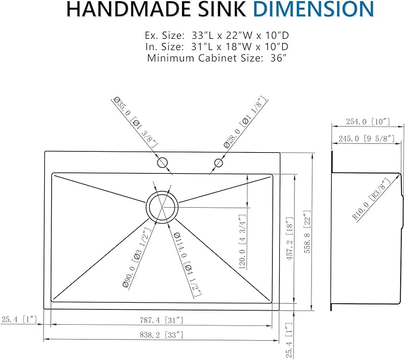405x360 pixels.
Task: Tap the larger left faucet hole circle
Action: coord(162,162)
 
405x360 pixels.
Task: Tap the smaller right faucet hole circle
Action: coord(219,162)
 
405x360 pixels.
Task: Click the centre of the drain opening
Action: coord(162,206)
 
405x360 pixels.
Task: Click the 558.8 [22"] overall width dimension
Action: coord(307,232)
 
